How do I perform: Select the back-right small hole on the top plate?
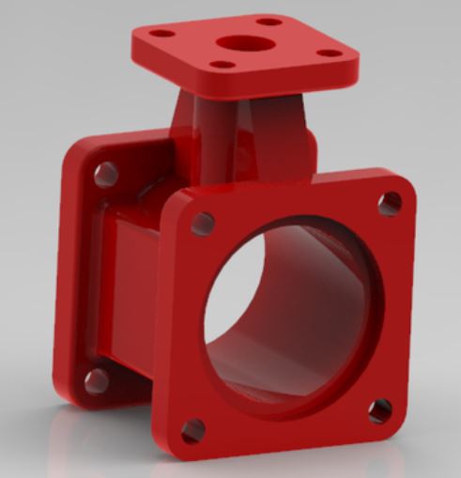point(269,21)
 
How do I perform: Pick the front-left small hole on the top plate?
point(221,65)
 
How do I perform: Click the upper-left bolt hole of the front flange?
point(201,223)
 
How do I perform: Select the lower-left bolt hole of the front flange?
point(193,430)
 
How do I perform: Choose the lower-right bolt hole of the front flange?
point(379,410)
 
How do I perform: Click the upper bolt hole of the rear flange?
point(106,174)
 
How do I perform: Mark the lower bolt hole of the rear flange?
point(95,378)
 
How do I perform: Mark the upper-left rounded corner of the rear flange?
point(80,150)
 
